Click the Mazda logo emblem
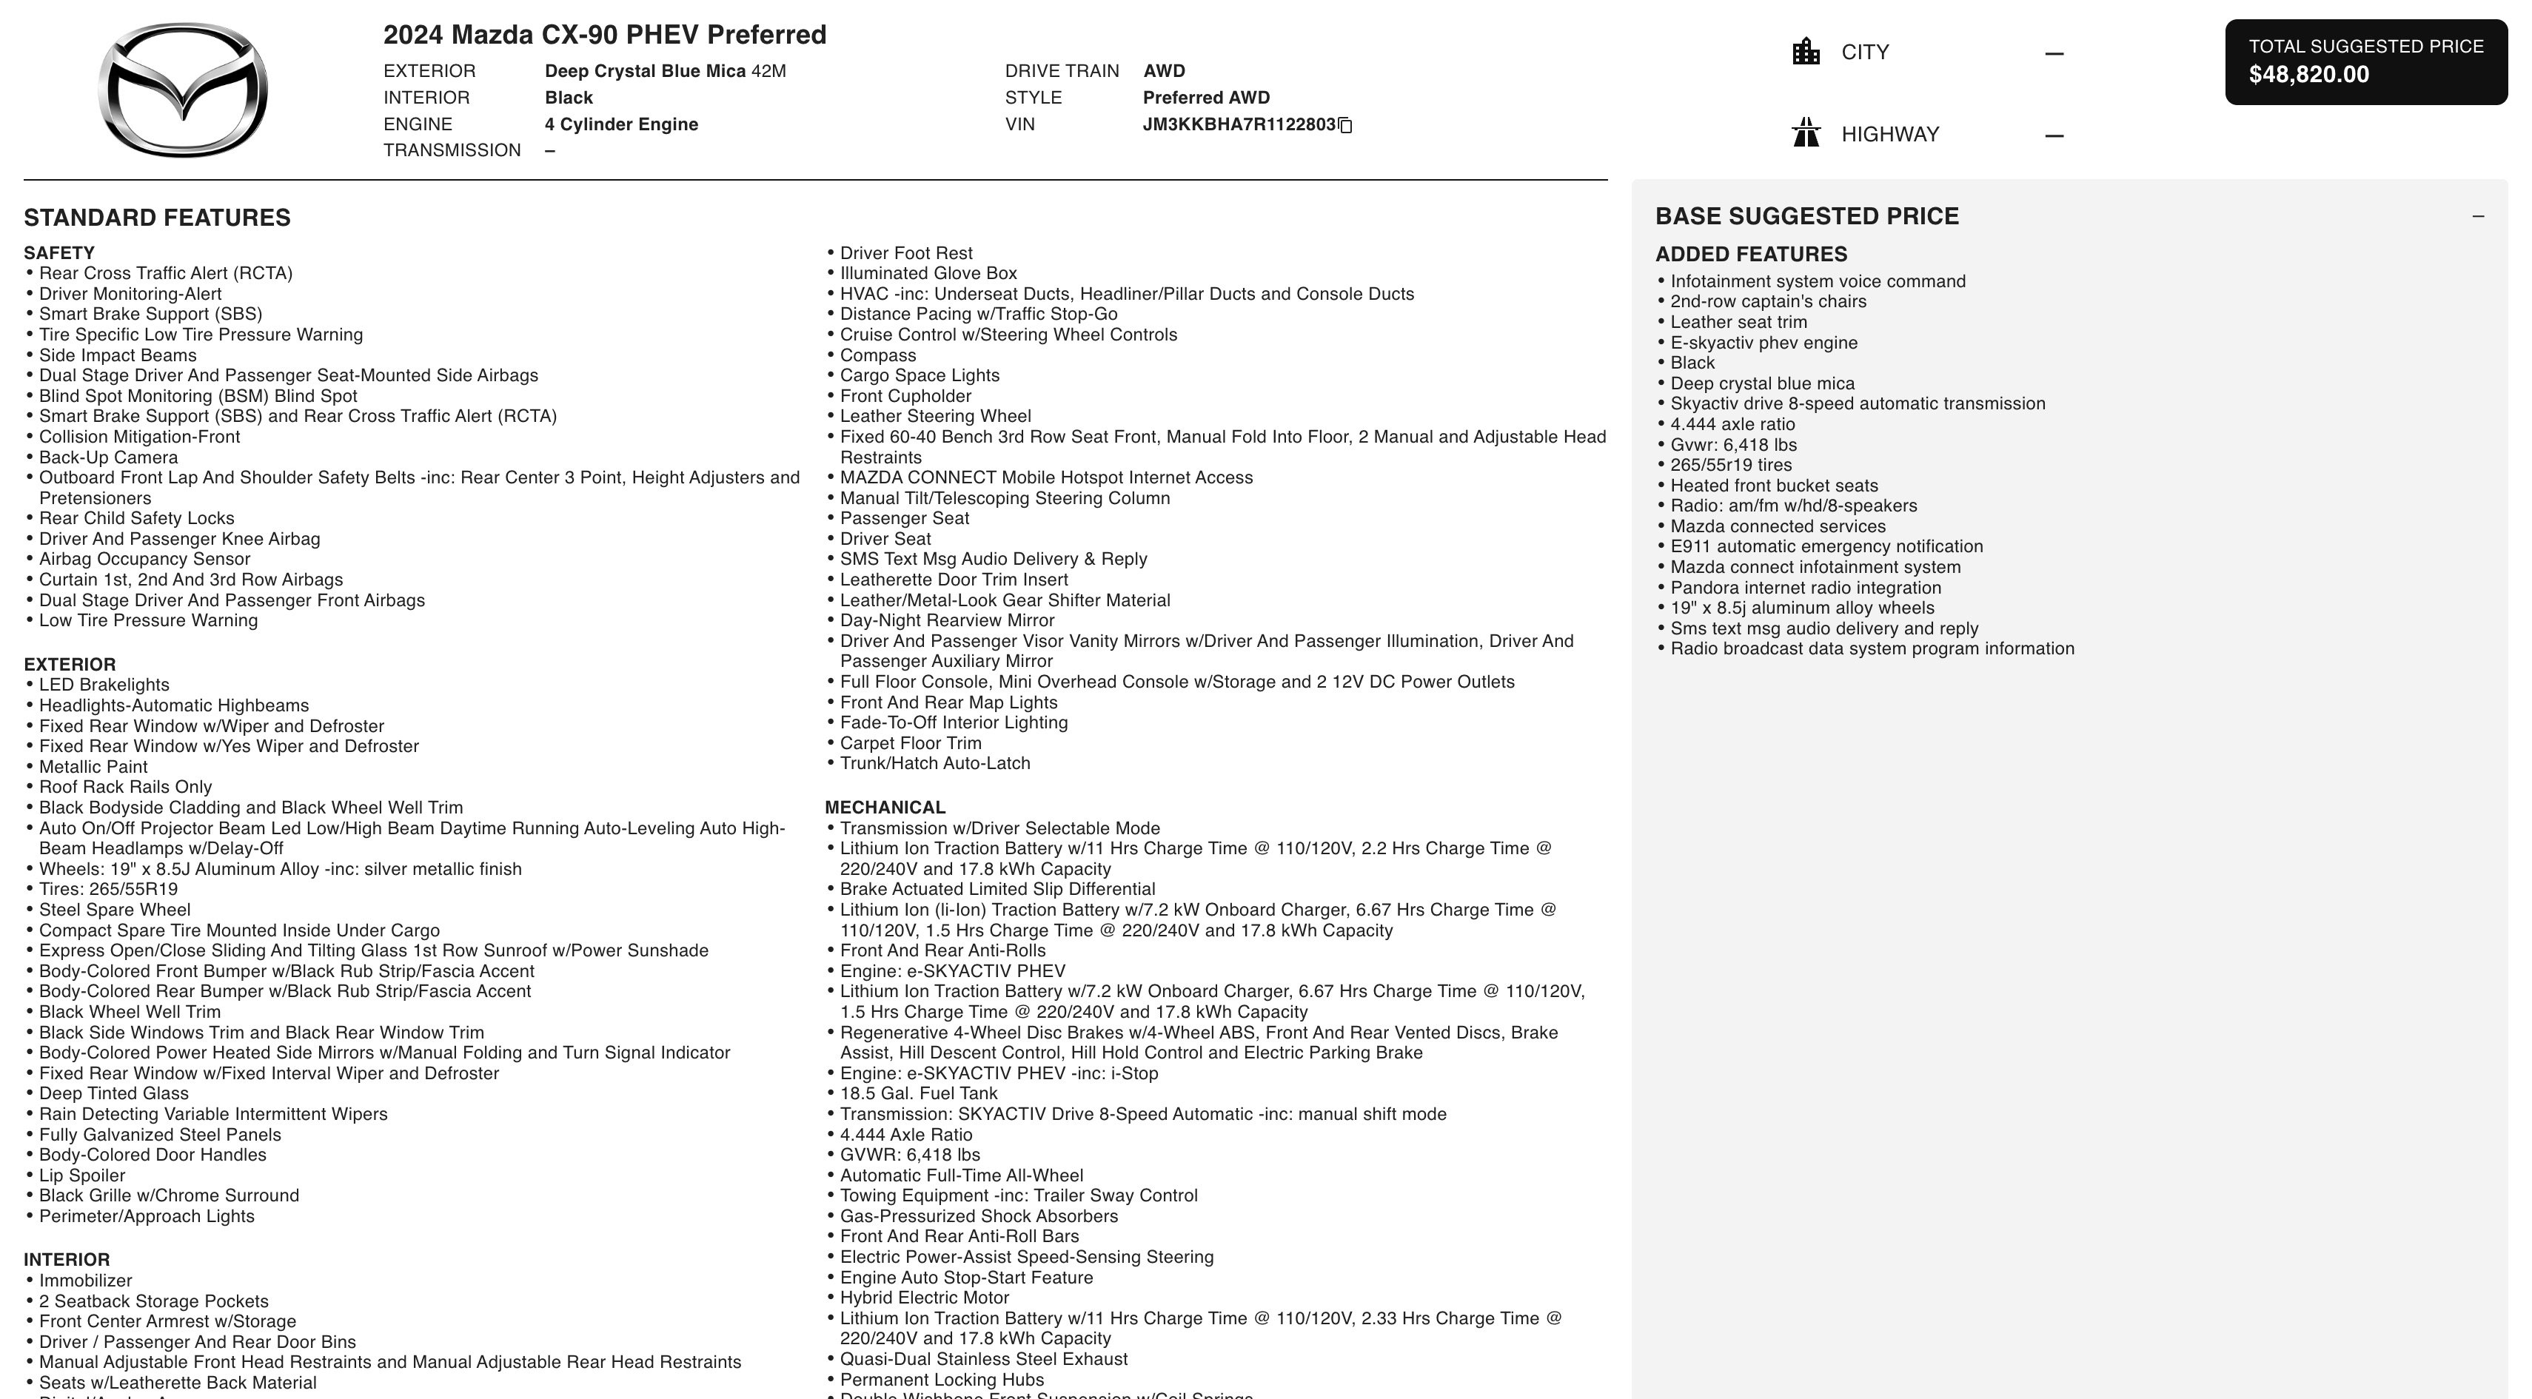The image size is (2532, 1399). tap(183, 90)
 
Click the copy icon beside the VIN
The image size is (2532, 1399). tap(1346, 126)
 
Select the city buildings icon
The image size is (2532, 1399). tap(1806, 52)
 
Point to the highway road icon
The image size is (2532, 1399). tap(1806, 132)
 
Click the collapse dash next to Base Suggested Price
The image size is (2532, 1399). tap(2477, 216)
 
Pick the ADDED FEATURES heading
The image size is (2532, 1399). tap(1751, 255)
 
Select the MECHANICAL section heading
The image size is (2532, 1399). tap(885, 808)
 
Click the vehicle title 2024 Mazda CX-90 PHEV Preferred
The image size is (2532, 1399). tap(604, 36)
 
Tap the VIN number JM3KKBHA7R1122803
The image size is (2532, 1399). tap(1239, 125)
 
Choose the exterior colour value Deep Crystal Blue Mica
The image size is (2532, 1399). tap(645, 71)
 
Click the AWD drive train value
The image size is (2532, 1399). tap(1164, 71)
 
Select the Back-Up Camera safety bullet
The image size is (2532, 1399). tap(108, 457)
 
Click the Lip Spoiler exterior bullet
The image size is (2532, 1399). tap(83, 1176)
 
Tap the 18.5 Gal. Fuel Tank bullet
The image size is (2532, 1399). tap(918, 1093)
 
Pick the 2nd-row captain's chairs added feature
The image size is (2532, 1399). tap(1767, 301)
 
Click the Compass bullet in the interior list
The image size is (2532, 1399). tap(878, 355)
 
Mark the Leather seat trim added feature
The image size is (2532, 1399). tap(1738, 322)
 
